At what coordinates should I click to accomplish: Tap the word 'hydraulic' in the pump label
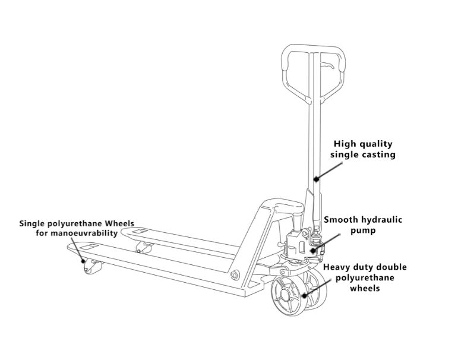(x=378, y=220)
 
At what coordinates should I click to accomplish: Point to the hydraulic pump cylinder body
(x=295, y=243)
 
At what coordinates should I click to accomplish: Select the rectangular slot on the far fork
(x=140, y=230)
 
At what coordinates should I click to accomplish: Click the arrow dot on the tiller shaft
(x=316, y=178)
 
